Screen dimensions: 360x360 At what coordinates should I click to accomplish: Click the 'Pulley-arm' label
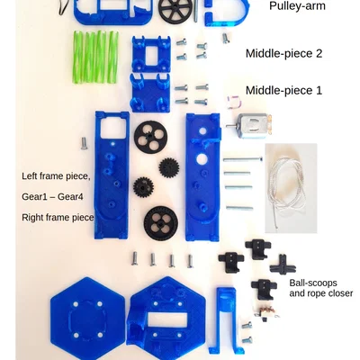297,6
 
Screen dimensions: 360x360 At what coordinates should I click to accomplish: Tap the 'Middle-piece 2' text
283,54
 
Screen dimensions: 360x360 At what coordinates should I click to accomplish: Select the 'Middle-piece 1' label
283,90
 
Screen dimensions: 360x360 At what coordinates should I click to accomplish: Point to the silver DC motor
249,126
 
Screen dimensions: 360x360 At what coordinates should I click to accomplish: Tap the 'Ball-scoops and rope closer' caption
321,288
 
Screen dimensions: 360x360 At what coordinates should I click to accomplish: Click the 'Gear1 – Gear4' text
52,197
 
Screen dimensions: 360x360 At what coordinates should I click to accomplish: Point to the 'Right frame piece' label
58,218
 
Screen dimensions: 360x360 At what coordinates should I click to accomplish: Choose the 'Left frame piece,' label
56,176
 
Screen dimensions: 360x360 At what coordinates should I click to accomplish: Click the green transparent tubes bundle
95,57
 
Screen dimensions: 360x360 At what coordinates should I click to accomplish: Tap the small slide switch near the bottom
268,312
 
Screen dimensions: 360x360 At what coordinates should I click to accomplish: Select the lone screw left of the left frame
85,143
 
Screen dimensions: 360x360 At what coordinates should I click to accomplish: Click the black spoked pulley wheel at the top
173,10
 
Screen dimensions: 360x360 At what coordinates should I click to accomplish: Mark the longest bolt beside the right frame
243,159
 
